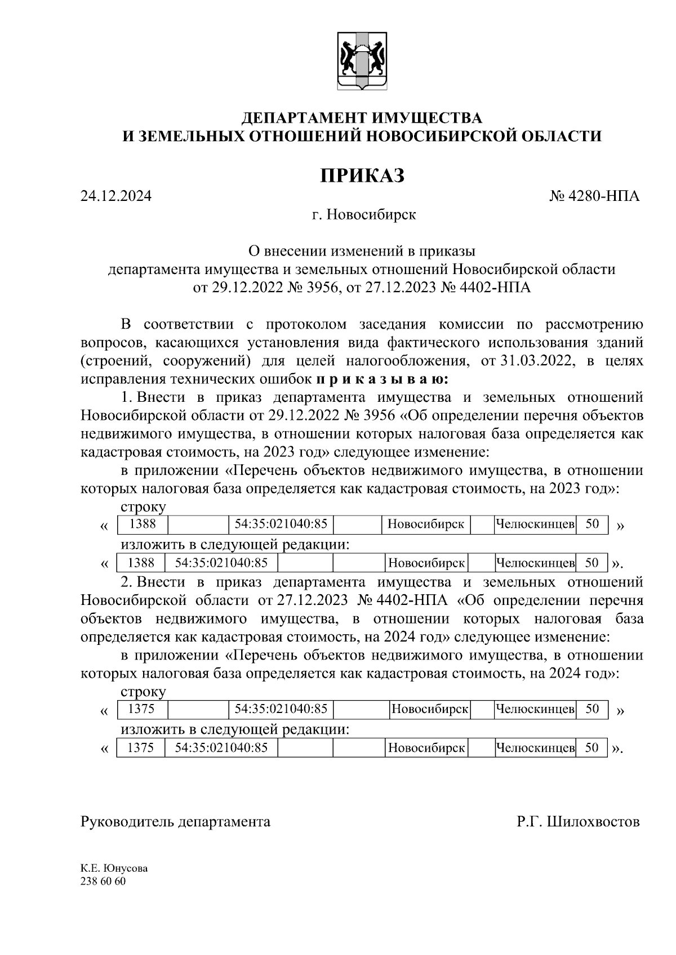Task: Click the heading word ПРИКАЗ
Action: [x=362, y=176]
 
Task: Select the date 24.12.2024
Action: [x=116, y=197]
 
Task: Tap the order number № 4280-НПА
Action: [x=594, y=197]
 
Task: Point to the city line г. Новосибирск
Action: [x=364, y=215]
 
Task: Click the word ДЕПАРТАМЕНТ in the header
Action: [x=305, y=118]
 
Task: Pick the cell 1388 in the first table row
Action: [x=143, y=524]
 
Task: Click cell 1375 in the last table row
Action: [x=141, y=748]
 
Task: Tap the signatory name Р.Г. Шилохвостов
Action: [x=578, y=822]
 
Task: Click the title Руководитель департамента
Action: [x=175, y=822]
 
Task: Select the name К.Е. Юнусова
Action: [x=114, y=868]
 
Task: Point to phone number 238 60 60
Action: [x=103, y=881]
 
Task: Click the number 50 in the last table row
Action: [x=591, y=748]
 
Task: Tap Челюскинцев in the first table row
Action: [x=535, y=524]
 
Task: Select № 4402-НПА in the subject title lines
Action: [x=484, y=288]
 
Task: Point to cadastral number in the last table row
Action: [x=221, y=748]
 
